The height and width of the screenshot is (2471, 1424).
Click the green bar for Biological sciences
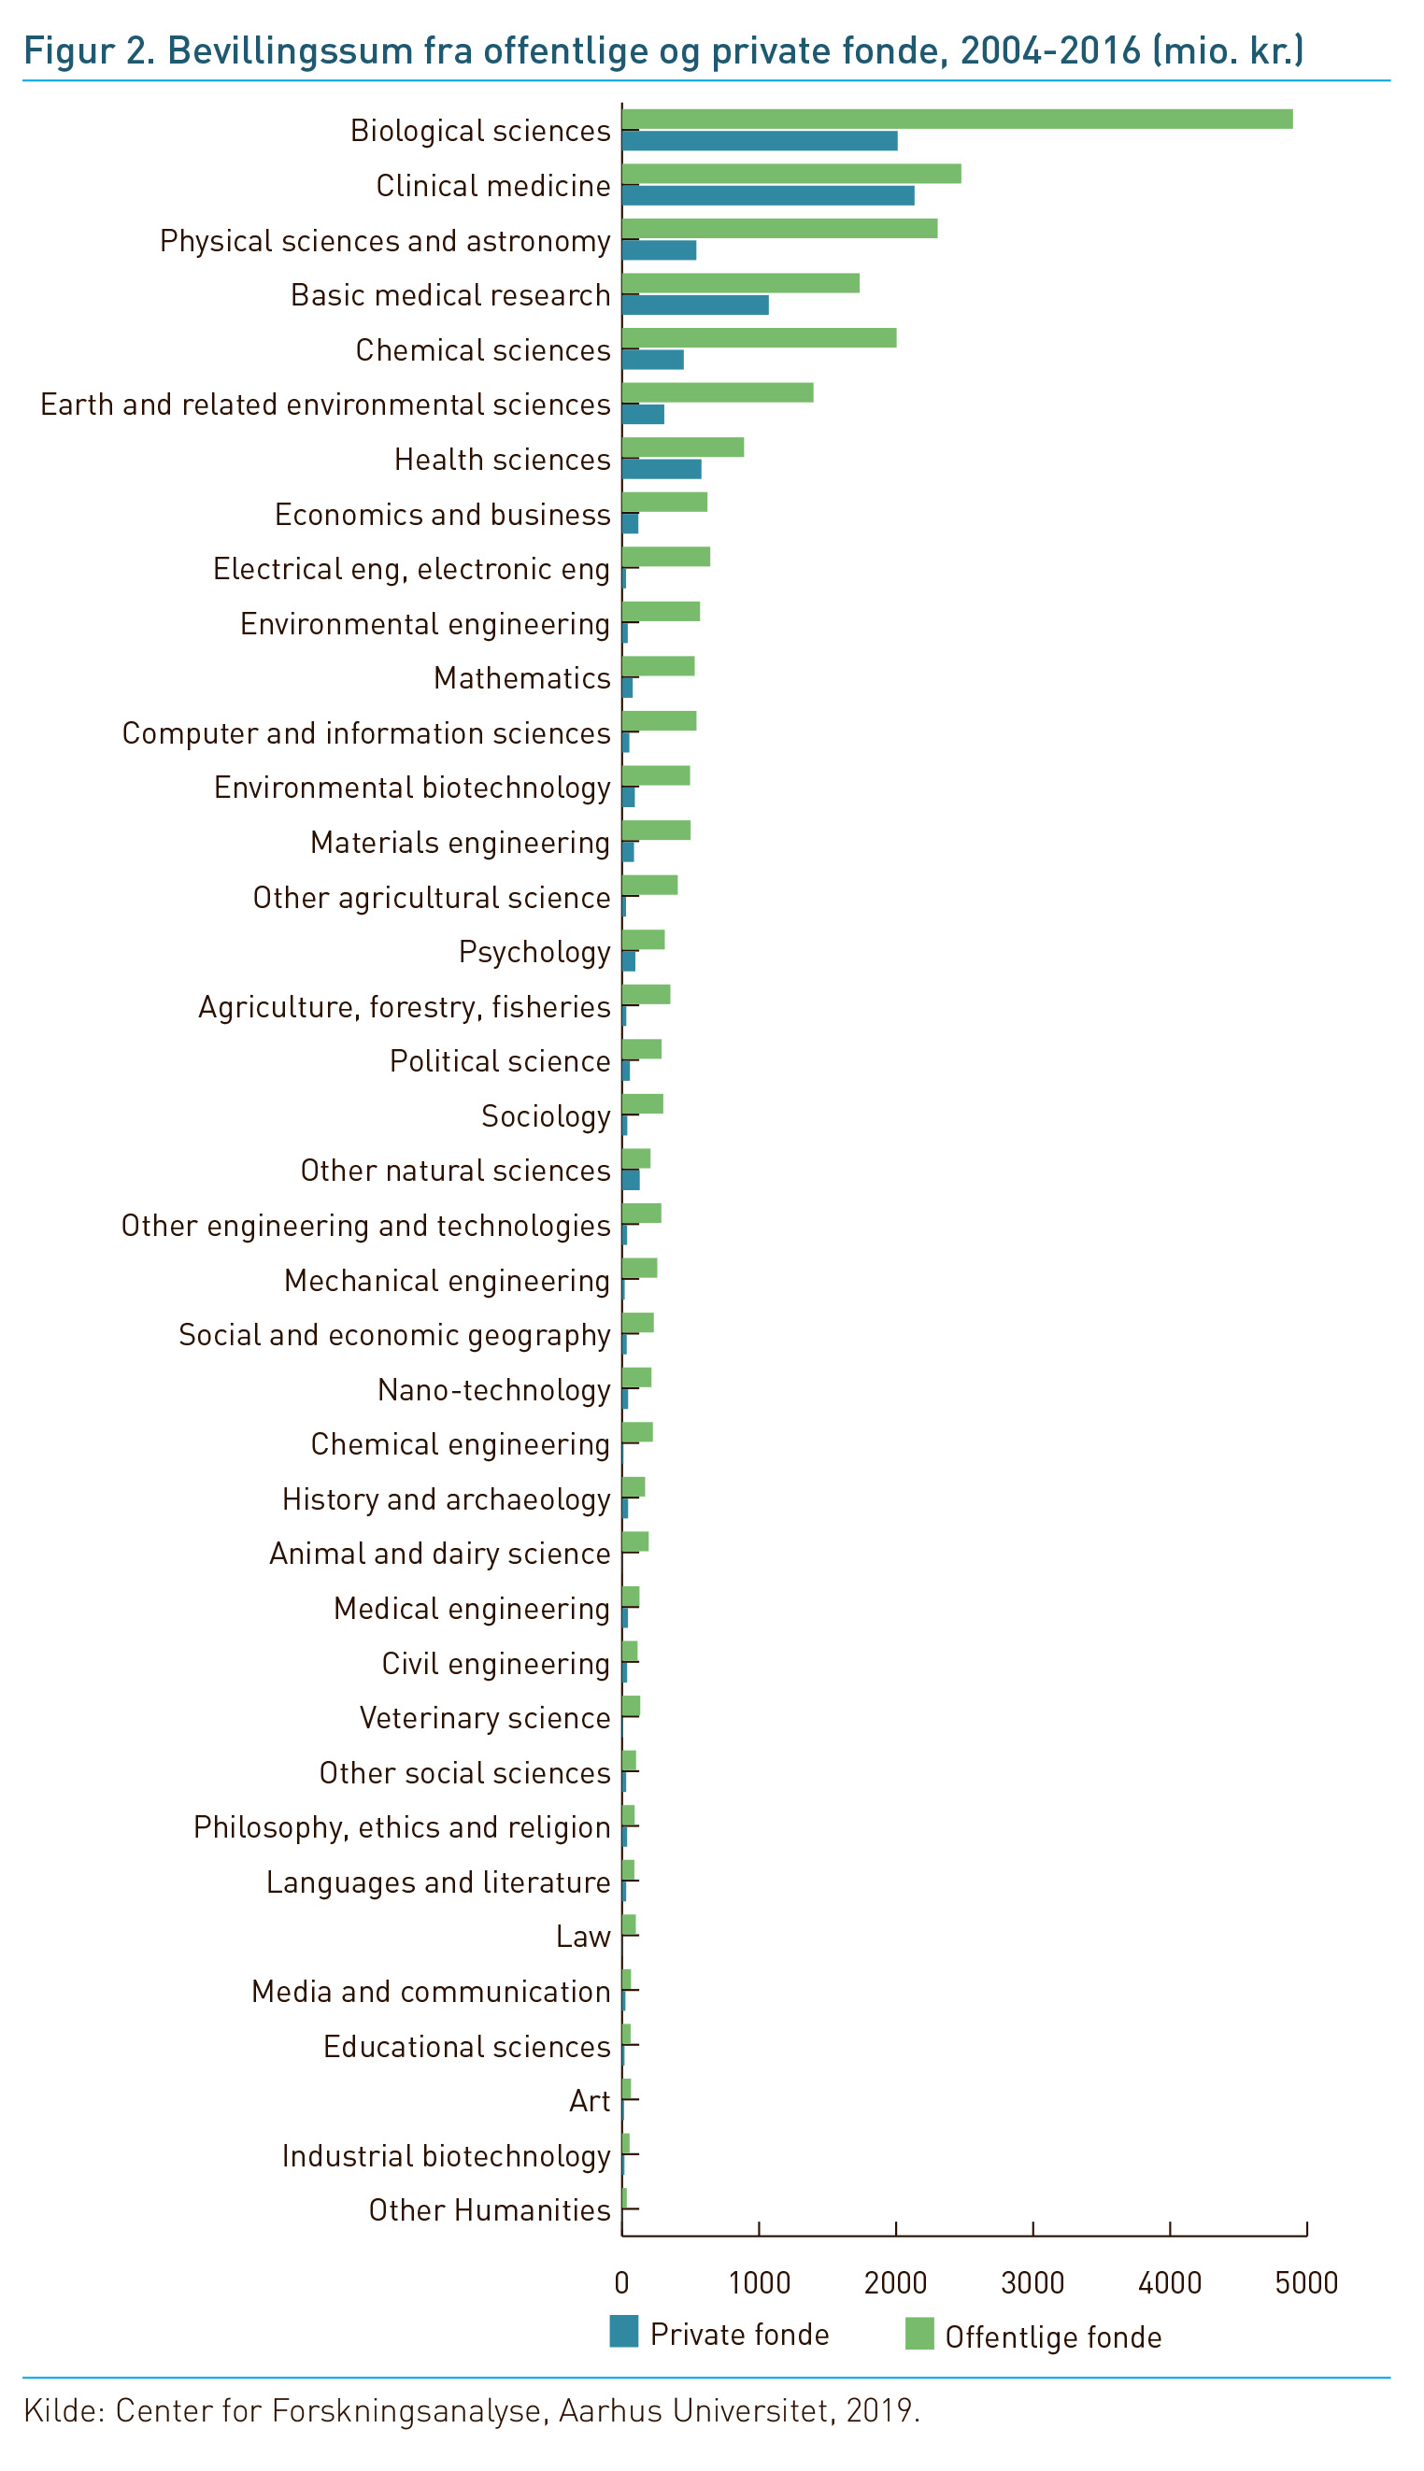957,120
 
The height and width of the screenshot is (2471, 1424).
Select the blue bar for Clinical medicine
768,195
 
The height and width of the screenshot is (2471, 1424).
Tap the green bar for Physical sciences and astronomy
779,229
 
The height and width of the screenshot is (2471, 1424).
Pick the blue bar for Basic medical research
695,305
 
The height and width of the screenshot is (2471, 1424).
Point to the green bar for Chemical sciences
759,338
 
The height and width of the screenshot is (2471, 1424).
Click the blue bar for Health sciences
662,469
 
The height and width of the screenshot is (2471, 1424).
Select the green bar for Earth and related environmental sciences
717,393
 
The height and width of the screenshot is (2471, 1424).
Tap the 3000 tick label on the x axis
1032,2283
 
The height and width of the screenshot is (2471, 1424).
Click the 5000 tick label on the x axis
1305,2283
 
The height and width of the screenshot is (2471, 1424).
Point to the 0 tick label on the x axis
622,2283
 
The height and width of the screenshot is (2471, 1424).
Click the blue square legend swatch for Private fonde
624,2332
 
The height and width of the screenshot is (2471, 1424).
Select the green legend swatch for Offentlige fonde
919,2334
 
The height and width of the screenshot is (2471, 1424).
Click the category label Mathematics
521,678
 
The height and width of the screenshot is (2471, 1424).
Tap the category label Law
583,1938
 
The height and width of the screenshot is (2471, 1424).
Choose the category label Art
590,2101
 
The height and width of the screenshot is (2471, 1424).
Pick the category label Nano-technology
494,1390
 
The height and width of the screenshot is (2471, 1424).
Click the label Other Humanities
489,2211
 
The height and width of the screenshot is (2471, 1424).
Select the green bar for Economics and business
664,503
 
